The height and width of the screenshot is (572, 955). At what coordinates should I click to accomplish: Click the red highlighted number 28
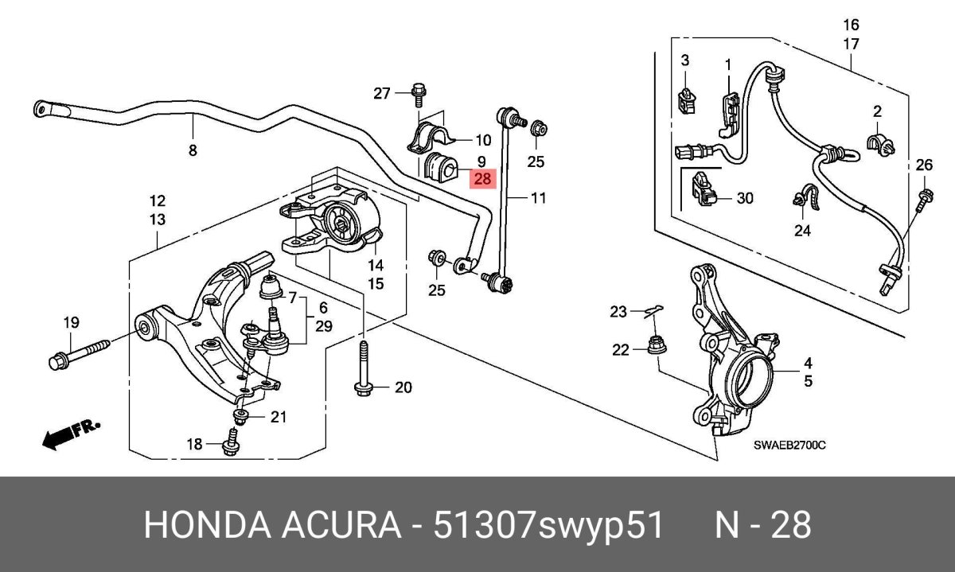pos(482,179)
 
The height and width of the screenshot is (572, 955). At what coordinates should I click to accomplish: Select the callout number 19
pos(72,322)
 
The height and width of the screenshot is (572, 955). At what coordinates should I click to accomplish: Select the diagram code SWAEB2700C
pos(789,446)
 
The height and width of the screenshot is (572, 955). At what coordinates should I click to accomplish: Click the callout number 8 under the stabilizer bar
pos(192,149)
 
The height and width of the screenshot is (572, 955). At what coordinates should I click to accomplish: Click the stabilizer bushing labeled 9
pos(440,168)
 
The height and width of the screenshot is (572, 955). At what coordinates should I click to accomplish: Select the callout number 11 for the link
pos(539,198)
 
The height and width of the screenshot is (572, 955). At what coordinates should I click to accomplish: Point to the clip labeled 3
pos(686,98)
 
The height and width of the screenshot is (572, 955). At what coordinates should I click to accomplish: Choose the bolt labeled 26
pos(923,199)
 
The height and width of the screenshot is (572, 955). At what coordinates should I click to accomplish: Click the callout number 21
pos(277,417)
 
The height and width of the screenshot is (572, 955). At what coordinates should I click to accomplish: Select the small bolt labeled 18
pos(230,444)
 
